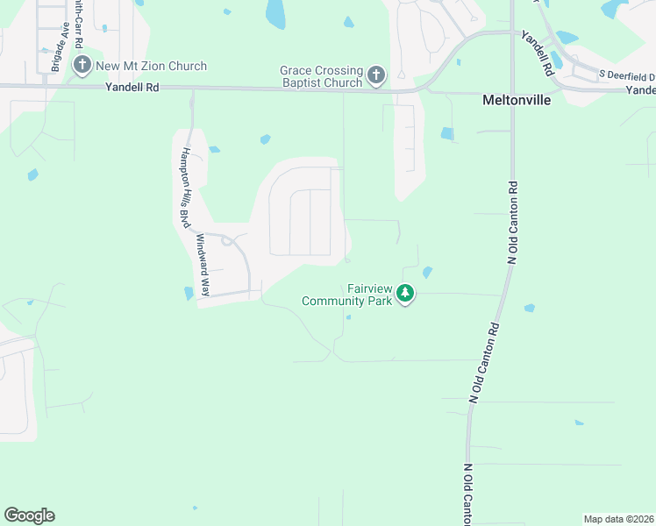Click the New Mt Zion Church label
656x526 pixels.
click(152, 66)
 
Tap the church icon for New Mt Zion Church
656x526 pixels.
click(82, 65)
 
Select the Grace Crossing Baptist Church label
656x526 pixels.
click(321, 76)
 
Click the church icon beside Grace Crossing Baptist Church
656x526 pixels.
click(376, 75)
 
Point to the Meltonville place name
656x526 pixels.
click(517, 101)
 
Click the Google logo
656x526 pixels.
click(29, 515)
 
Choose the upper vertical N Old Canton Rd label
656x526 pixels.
click(513, 223)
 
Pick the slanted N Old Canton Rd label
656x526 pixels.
click(485, 362)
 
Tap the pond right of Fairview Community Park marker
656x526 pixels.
click(427, 273)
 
